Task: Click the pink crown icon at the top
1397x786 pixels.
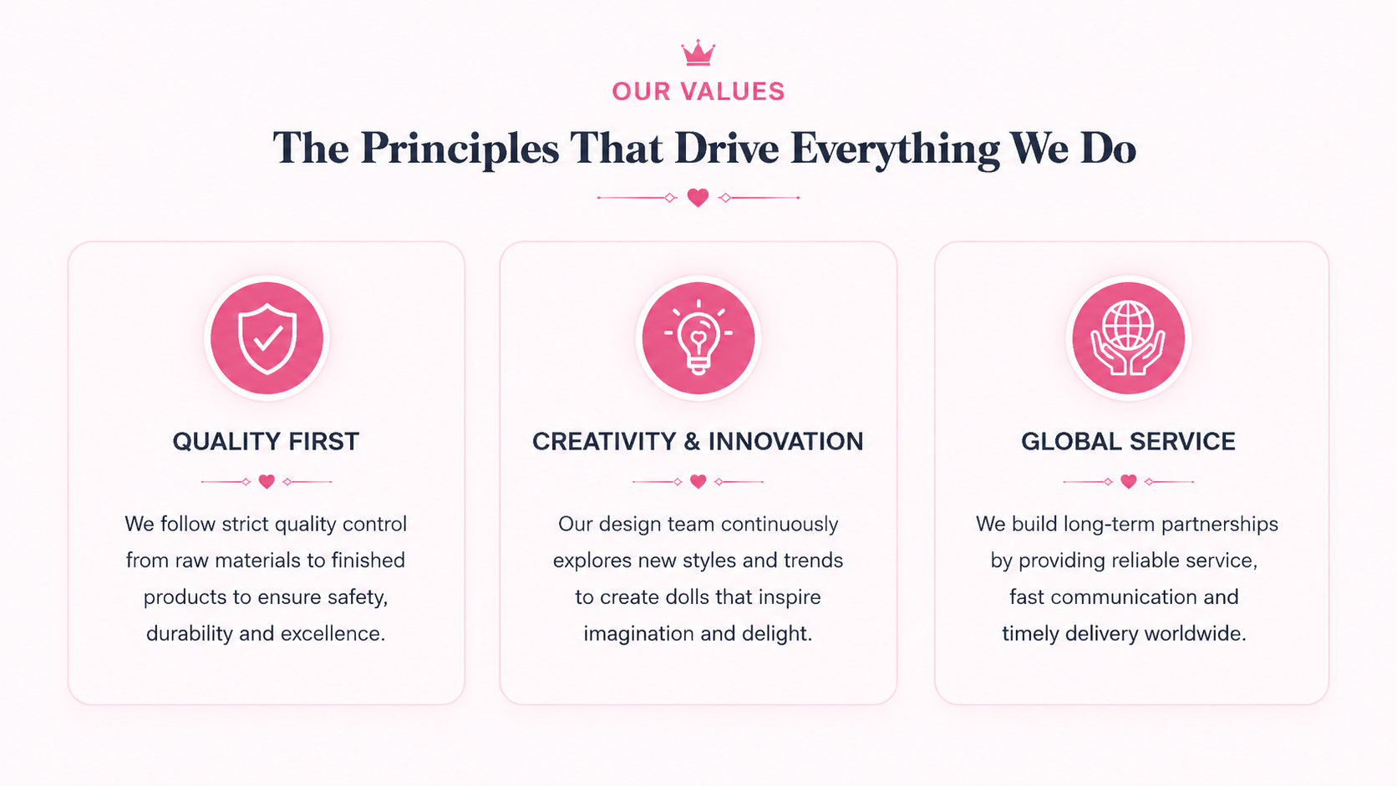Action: coord(698,53)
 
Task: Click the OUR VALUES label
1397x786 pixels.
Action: coord(698,92)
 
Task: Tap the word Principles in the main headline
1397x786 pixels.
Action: coord(460,150)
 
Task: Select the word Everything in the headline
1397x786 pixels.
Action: coord(895,150)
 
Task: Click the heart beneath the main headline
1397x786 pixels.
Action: coord(698,198)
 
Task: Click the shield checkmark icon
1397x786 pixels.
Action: coord(267,338)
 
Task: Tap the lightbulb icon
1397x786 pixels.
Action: coord(698,337)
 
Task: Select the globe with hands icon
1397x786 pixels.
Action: coord(1128,337)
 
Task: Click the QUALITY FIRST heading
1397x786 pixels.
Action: coord(266,441)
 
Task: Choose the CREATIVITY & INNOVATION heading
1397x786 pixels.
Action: coord(698,441)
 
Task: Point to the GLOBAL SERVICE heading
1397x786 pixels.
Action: coord(1128,441)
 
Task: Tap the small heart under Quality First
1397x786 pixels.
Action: coord(267,481)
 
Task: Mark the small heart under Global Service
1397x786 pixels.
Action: coord(1128,481)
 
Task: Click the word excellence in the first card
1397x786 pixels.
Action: coord(333,633)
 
